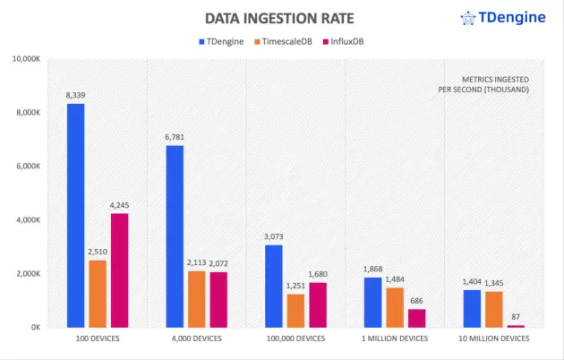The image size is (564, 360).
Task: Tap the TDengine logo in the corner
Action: pos(506,17)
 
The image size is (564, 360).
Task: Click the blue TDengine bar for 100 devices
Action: pos(75,215)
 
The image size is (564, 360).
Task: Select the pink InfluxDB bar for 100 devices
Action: pos(119,270)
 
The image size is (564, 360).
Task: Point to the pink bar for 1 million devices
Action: pos(416,318)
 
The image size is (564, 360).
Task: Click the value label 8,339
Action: pos(75,94)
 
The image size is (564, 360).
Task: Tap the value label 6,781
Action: pos(175,136)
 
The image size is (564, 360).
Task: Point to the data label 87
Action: pos(516,317)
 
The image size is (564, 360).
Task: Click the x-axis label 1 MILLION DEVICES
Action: pos(395,339)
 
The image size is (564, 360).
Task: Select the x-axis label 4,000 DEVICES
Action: pos(197,339)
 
